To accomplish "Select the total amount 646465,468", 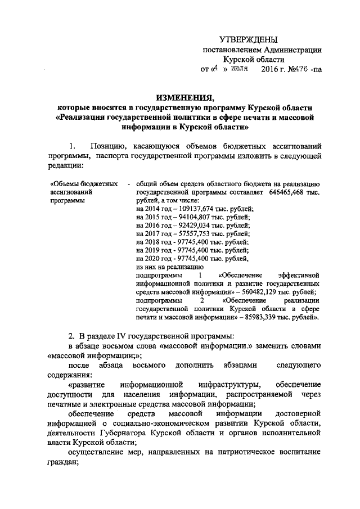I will click(281, 192).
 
